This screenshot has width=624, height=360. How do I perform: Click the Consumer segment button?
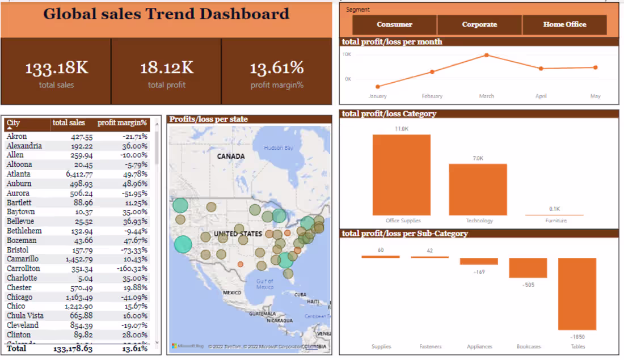(x=394, y=25)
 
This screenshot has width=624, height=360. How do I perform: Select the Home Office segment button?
(x=564, y=25)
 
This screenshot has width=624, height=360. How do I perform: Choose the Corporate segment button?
(x=479, y=25)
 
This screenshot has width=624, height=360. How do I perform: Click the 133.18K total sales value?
(x=56, y=69)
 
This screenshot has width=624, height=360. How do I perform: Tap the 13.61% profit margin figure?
(x=277, y=69)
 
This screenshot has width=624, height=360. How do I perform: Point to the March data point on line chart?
(x=487, y=55)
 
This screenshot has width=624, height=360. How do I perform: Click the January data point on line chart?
(x=378, y=87)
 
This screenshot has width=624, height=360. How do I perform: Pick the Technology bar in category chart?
(x=478, y=189)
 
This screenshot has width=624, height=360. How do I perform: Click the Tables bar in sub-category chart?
(x=577, y=294)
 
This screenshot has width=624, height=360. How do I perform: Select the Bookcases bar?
(x=528, y=268)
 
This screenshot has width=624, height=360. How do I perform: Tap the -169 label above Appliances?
(x=479, y=272)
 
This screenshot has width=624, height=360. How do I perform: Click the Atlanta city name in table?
(x=19, y=174)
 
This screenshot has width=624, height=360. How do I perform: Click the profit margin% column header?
(x=122, y=122)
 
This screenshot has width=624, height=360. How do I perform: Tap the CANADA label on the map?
(x=231, y=156)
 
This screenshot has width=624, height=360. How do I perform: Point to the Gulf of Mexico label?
(x=265, y=284)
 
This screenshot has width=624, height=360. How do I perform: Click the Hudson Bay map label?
(x=279, y=148)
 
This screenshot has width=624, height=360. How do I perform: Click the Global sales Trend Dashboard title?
(x=166, y=14)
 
